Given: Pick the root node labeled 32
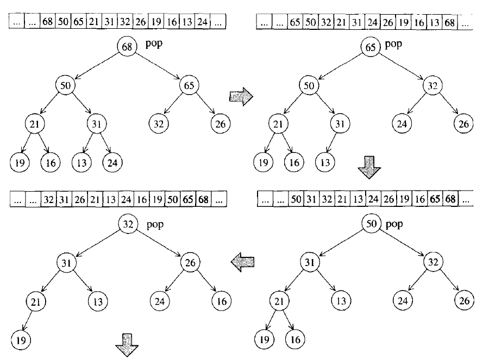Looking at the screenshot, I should tap(129, 224).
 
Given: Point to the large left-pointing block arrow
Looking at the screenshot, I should tap(242, 262).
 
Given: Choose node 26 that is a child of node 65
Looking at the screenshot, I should tap(220, 123).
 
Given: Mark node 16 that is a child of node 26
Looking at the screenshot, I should tap(220, 300).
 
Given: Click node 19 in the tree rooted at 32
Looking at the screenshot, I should tap(20, 340).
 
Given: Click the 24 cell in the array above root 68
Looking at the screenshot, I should tap(203, 22).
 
